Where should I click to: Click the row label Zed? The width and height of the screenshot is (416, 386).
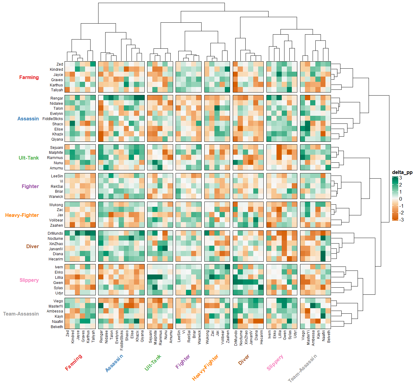(x=60, y=64)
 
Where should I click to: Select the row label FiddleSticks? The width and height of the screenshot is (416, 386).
(x=53, y=119)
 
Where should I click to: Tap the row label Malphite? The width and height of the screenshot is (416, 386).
(x=56, y=153)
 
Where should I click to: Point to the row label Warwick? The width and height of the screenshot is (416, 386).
(x=56, y=197)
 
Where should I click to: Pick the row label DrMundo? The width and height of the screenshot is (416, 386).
(x=55, y=233)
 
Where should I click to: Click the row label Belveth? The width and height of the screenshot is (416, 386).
(x=57, y=327)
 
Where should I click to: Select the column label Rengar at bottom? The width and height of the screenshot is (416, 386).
(x=101, y=336)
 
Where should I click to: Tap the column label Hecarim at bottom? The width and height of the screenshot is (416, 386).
(x=261, y=337)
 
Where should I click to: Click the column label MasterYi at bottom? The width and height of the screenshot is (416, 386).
(x=308, y=338)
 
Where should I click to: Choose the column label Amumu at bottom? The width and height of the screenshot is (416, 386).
(x=171, y=336)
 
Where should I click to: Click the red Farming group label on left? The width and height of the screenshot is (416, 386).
(x=29, y=78)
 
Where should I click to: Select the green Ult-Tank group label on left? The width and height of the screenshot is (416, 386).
(x=29, y=158)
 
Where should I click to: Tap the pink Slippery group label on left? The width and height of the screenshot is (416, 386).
(x=29, y=280)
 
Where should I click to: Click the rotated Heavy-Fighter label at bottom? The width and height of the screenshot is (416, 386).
(x=205, y=367)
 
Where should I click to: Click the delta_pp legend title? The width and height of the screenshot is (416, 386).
(x=402, y=172)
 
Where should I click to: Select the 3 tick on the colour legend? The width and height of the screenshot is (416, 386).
(x=401, y=178)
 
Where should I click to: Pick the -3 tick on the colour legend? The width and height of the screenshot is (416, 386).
(x=401, y=220)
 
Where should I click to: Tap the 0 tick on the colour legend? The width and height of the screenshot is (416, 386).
(x=401, y=199)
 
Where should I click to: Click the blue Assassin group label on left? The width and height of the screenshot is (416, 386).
(x=28, y=119)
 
